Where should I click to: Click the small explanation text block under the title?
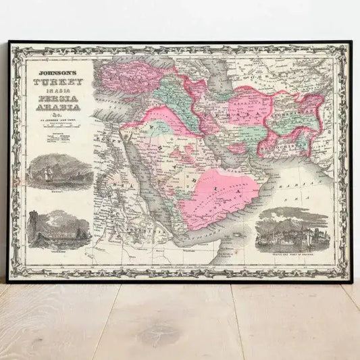57,138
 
